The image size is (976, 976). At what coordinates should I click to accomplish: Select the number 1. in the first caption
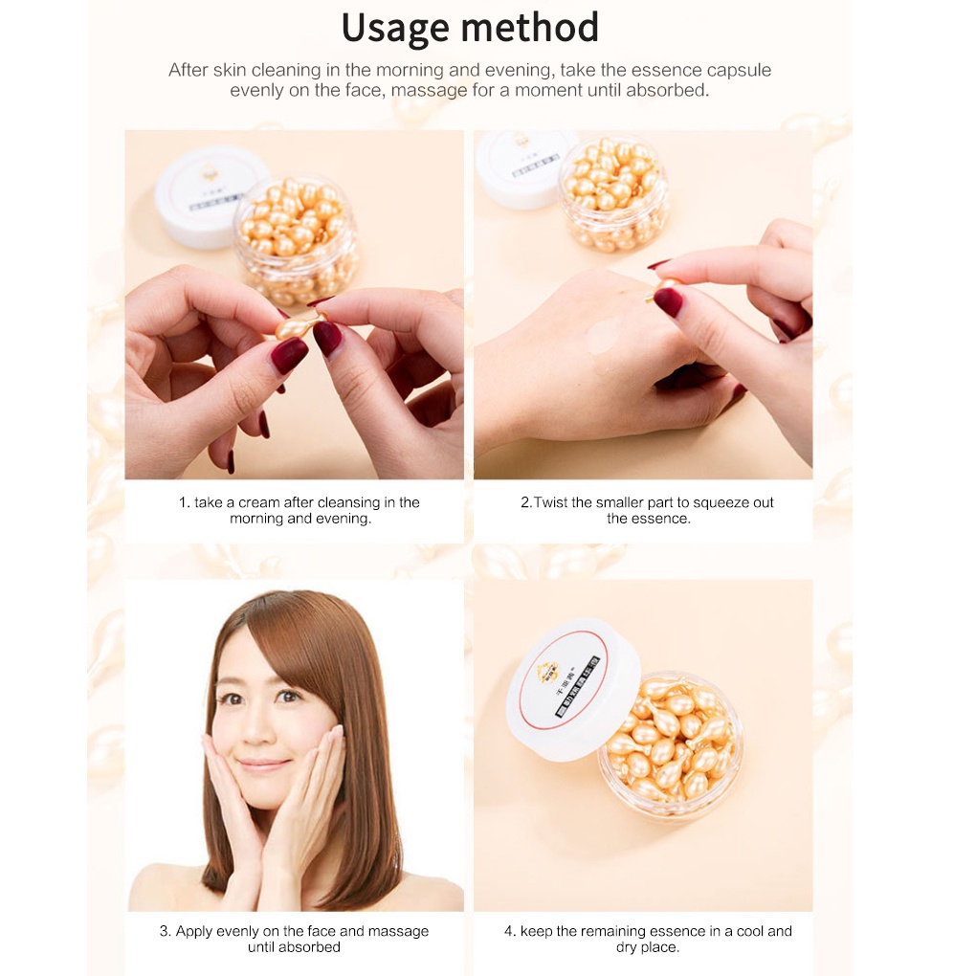point(184,502)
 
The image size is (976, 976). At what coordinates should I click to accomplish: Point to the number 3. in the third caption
point(165,931)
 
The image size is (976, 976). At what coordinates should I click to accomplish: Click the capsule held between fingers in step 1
point(297,326)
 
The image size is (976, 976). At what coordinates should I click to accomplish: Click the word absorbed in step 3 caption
point(310,947)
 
